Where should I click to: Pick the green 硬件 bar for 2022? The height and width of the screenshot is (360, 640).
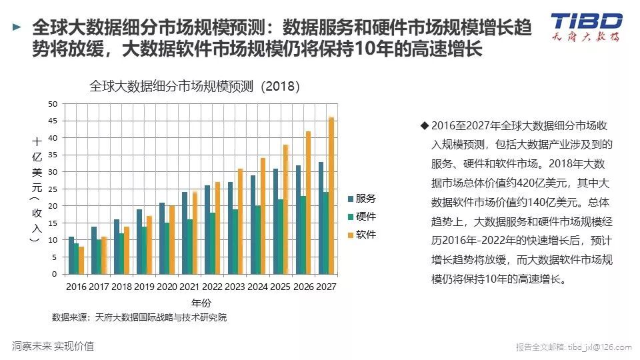(213, 243)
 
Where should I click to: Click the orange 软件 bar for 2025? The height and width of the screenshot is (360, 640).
(285, 209)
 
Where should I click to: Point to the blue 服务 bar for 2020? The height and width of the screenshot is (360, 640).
(162, 238)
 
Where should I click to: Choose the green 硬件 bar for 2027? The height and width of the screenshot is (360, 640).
(326, 233)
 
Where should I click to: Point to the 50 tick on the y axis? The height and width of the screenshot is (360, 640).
(54, 104)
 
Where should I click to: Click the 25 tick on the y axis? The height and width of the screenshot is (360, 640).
(54, 189)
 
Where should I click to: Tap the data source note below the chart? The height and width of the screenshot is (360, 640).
(139, 317)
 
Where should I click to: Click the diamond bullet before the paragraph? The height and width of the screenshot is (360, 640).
(424, 125)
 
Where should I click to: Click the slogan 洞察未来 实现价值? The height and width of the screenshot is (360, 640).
(53, 346)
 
